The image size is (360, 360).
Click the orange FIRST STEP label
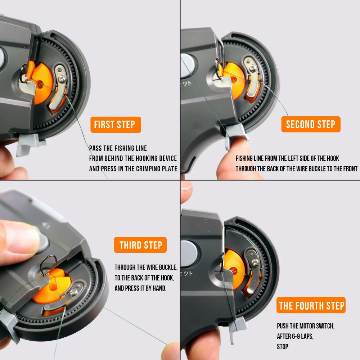pyautogui.click(x=115, y=125)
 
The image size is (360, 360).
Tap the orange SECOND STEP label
pyautogui.click(x=310, y=125)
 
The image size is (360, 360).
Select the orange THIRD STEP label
pyautogui.click(x=140, y=245)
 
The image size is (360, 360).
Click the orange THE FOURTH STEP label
pyautogui.click(x=311, y=306)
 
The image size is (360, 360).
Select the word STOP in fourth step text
pyautogui.click(x=283, y=347)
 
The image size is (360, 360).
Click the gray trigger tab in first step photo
pyautogui.click(x=27, y=144)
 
